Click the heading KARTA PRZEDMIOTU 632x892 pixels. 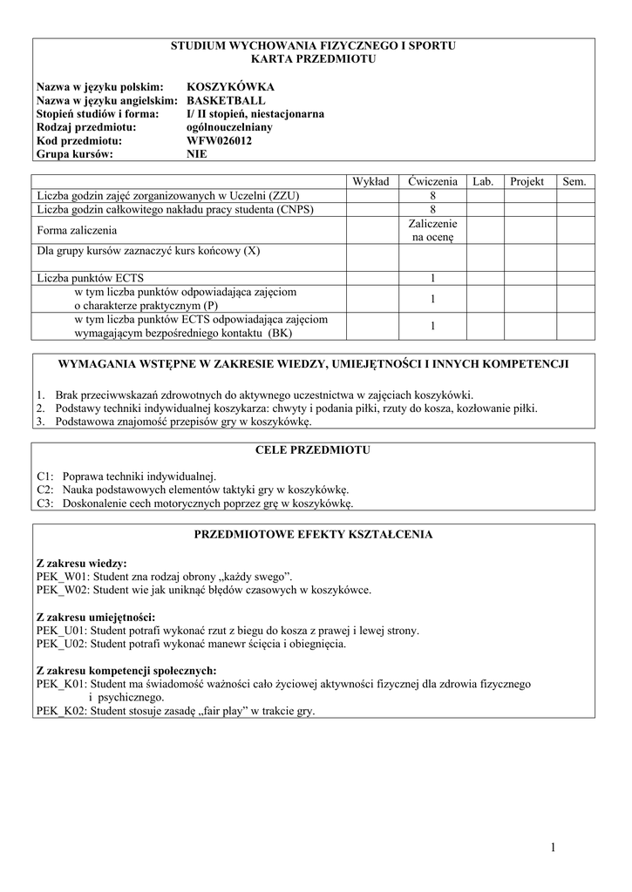(x=313, y=59)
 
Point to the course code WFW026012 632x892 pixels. (x=220, y=140)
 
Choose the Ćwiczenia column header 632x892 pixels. (x=432, y=181)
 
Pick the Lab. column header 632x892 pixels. (x=483, y=181)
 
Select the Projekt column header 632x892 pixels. (x=527, y=181)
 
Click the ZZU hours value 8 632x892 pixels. (x=432, y=196)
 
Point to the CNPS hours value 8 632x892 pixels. (x=432, y=210)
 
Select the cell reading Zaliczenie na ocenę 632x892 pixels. (x=432, y=230)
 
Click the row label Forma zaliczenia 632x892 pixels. (x=77, y=230)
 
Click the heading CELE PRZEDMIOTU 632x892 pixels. (x=313, y=450)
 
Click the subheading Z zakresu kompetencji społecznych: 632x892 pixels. (x=126, y=671)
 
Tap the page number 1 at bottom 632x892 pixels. (x=553, y=848)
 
